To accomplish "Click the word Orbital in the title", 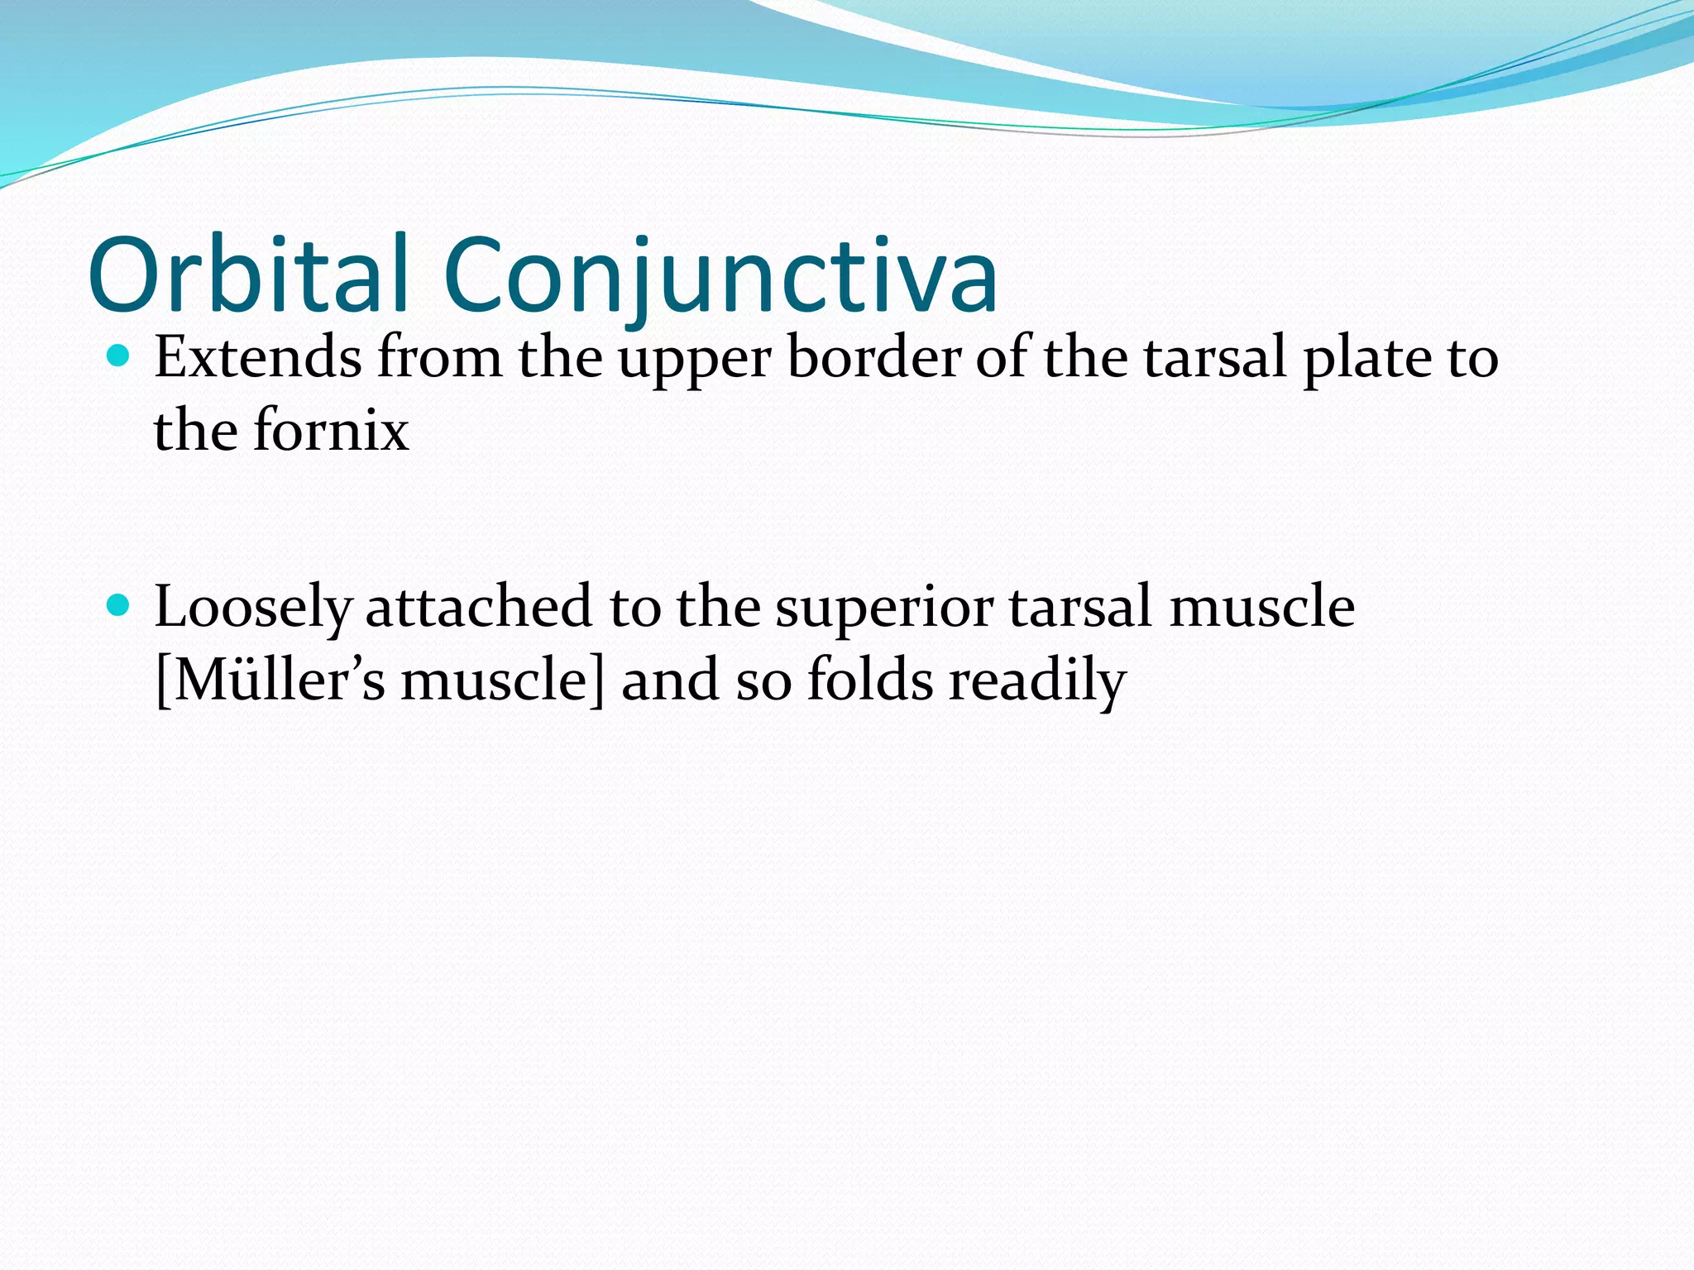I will coord(248,275).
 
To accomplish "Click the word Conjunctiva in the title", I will coord(720,275).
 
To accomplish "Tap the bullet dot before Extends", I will coord(119,356).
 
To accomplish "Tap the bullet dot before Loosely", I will coord(119,605).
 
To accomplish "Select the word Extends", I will coord(257,358).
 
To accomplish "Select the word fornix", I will coord(330,431).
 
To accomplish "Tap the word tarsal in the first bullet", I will coord(1215,358).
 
